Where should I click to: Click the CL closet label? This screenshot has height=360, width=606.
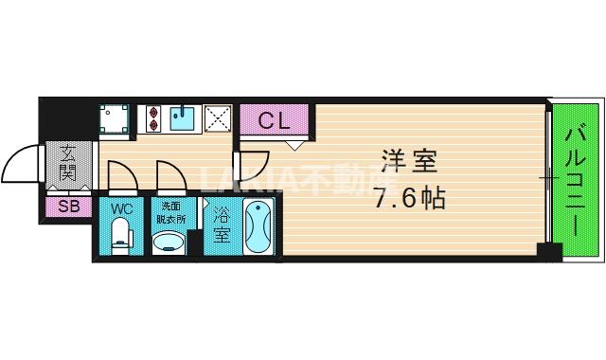(x=274, y=120)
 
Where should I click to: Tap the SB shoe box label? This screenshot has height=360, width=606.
(x=68, y=206)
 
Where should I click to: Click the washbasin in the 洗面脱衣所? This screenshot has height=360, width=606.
(x=170, y=243)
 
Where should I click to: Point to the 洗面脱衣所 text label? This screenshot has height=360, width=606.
(x=170, y=213)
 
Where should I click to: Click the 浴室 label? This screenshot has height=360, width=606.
(x=221, y=225)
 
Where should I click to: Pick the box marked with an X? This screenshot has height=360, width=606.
(x=219, y=118)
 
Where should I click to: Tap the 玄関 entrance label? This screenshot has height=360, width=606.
(x=68, y=163)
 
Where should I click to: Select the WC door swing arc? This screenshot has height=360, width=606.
(x=121, y=175)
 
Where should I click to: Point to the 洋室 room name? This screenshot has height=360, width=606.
(x=409, y=160)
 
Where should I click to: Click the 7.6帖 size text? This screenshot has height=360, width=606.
(x=408, y=199)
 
